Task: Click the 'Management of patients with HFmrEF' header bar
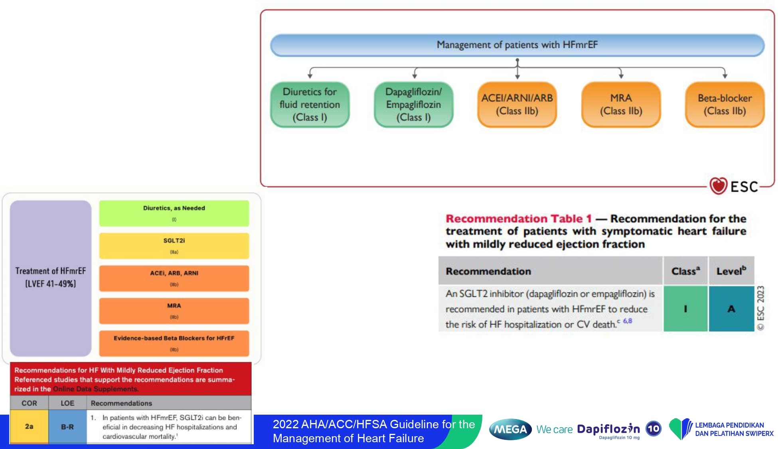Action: [517, 45]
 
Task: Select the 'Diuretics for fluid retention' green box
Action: [310, 105]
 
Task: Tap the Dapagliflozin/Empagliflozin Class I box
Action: [413, 105]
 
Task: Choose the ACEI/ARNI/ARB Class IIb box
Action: [517, 105]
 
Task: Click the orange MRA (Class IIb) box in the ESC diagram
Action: [621, 105]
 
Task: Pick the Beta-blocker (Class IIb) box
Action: [725, 105]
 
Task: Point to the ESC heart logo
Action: [718, 186]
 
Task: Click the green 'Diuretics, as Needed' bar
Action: [174, 213]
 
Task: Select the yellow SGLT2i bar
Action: [174, 246]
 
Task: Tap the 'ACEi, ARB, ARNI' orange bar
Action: [174, 278]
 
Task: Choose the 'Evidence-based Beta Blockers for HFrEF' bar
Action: [174, 343]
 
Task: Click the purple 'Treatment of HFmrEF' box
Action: [51, 278]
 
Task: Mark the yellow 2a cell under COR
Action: [29, 426]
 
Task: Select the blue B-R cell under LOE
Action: [67, 426]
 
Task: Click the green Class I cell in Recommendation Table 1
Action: [685, 309]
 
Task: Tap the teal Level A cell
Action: [731, 309]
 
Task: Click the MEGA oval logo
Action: [510, 429]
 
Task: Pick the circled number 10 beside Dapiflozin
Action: [654, 429]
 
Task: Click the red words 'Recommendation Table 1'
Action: [518, 219]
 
